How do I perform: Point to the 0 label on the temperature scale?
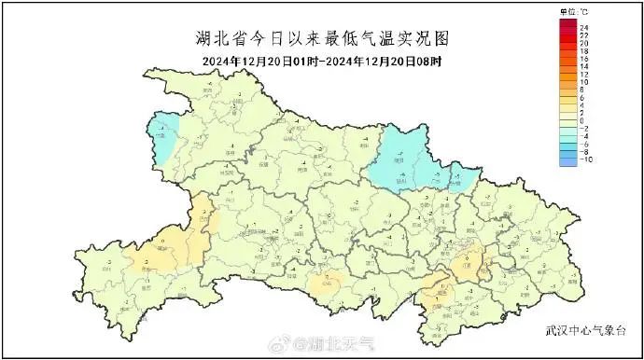pos(581,119)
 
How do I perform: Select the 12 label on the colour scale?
pos(582,73)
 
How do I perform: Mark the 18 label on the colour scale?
pos(582,49)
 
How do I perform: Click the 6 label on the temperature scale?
pos(581,96)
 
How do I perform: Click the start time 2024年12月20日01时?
pos(262,62)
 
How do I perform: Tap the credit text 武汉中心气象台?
pos(588,331)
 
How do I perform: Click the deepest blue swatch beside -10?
pos(567,159)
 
